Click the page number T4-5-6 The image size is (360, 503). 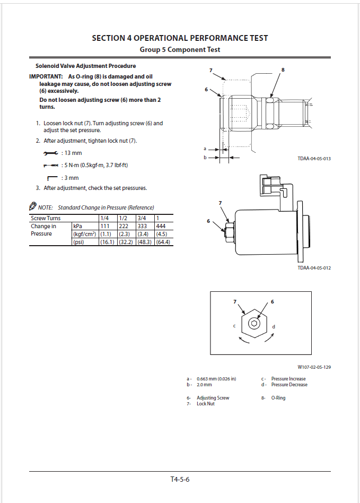tap(180, 480)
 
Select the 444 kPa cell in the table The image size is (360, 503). tap(161, 226)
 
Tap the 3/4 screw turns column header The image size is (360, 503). tap(142, 218)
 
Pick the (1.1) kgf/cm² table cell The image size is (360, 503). tap(106, 234)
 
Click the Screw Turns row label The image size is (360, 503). tap(46, 218)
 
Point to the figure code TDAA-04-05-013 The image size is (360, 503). tap(314, 159)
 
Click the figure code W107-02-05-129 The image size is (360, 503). tap(314, 367)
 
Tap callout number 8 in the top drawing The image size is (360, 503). tap(283, 70)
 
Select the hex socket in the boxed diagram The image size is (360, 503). tap(254, 323)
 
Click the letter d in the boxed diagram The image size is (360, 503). tap(274, 326)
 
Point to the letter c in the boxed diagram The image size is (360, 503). tap(234, 325)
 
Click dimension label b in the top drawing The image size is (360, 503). tap(205, 157)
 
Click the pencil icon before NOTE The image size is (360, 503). tap(33, 206)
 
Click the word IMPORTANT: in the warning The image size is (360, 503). tap(46, 77)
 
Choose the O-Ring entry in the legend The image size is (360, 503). tap(278, 398)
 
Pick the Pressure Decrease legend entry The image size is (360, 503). tap(289, 385)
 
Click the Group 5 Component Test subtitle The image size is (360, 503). tap(180, 49)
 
